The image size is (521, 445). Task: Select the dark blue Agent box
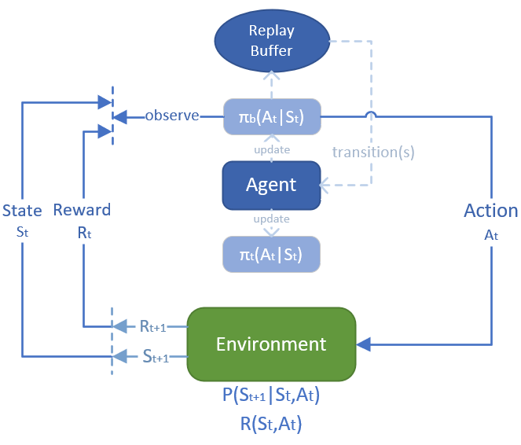[271, 186]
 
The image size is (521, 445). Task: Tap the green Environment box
[271, 344]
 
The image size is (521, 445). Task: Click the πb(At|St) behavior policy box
[271, 117]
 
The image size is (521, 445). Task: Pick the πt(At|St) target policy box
[271, 252]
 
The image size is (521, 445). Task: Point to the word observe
[171, 116]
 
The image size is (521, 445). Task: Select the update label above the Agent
[271, 149]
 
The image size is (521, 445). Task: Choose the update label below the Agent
[271, 219]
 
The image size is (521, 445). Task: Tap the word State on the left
[22, 210]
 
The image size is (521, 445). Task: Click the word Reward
[82, 210]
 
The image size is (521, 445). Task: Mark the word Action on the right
[490, 211]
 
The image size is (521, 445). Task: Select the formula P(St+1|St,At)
[271, 395]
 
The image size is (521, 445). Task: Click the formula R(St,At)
[271, 425]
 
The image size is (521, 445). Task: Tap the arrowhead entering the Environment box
[364, 344]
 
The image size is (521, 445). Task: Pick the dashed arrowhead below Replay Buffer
[271, 77]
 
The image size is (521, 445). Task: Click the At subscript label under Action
[490, 234]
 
